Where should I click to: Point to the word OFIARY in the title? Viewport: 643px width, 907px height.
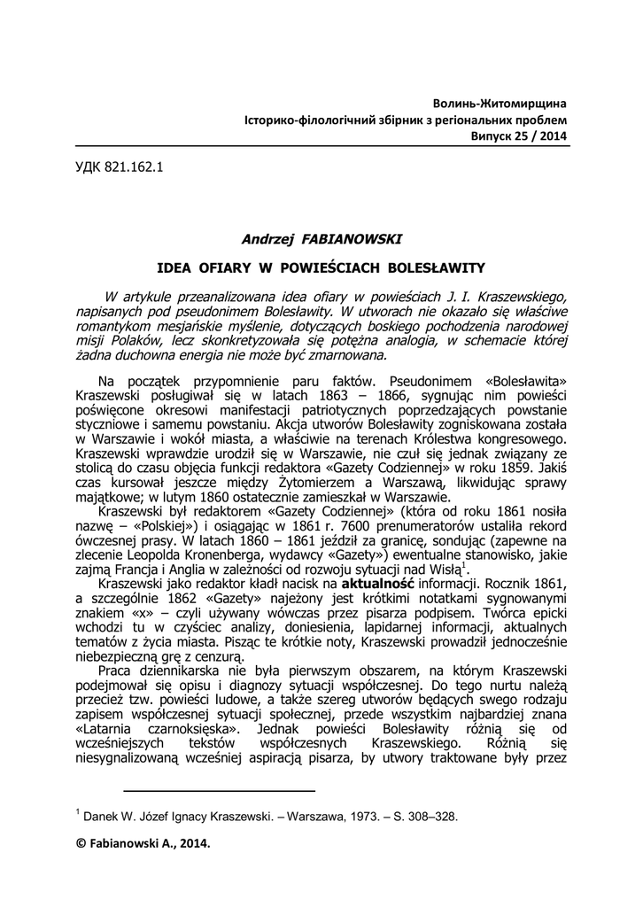(231, 266)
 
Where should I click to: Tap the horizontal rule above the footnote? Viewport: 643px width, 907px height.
(219, 789)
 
